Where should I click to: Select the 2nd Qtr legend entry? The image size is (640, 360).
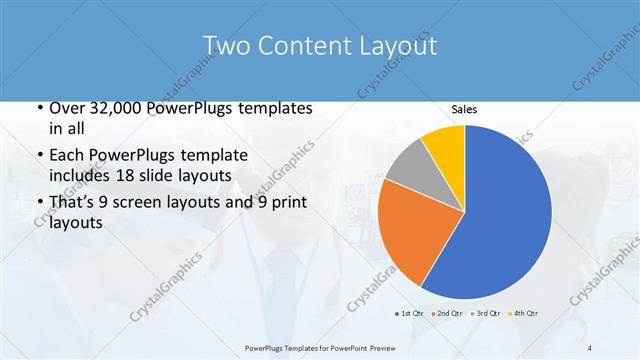(x=446, y=313)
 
